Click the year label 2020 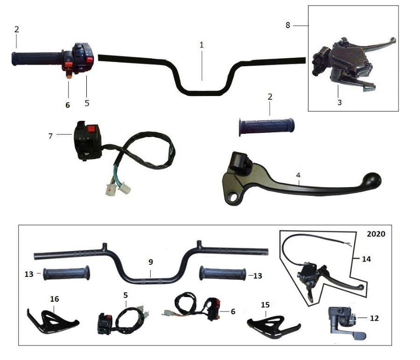click(376, 234)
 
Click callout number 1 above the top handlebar click(202, 45)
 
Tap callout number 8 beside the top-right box click(287, 25)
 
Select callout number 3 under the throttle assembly click(339, 102)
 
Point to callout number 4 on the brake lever click(298, 175)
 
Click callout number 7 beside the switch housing click(50, 136)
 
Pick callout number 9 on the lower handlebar click(151, 262)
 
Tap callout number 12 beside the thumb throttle click(374, 318)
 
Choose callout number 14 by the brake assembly click(366, 259)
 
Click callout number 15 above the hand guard click(265, 305)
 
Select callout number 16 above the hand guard click(55, 299)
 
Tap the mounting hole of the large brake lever click(232, 198)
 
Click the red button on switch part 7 click(92, 129)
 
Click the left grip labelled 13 click(66, 274)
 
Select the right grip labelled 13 click(223, 274)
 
